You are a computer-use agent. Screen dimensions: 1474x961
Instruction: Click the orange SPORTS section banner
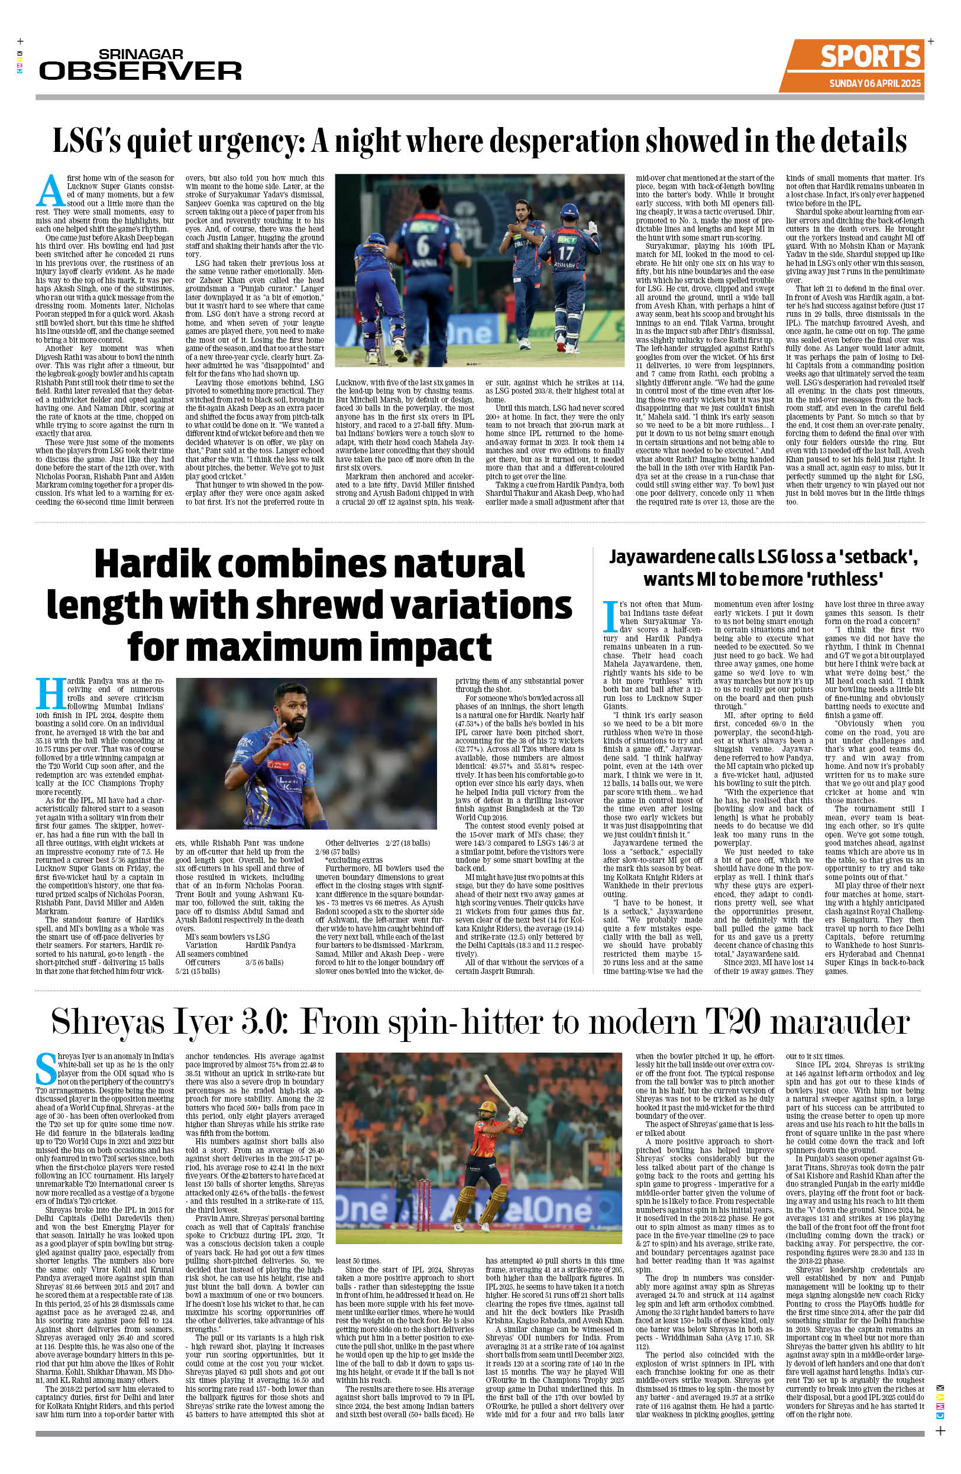pyautogui.click(x=870, y=57)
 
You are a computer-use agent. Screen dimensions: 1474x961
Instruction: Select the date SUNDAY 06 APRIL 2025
pyautogui.click(x=875, y=83)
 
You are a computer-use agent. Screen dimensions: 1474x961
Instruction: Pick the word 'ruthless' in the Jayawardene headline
pyautogui.click(x=846, y=579)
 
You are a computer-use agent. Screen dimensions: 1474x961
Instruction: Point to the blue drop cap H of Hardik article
pyautogui.click(x=50, y=694)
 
